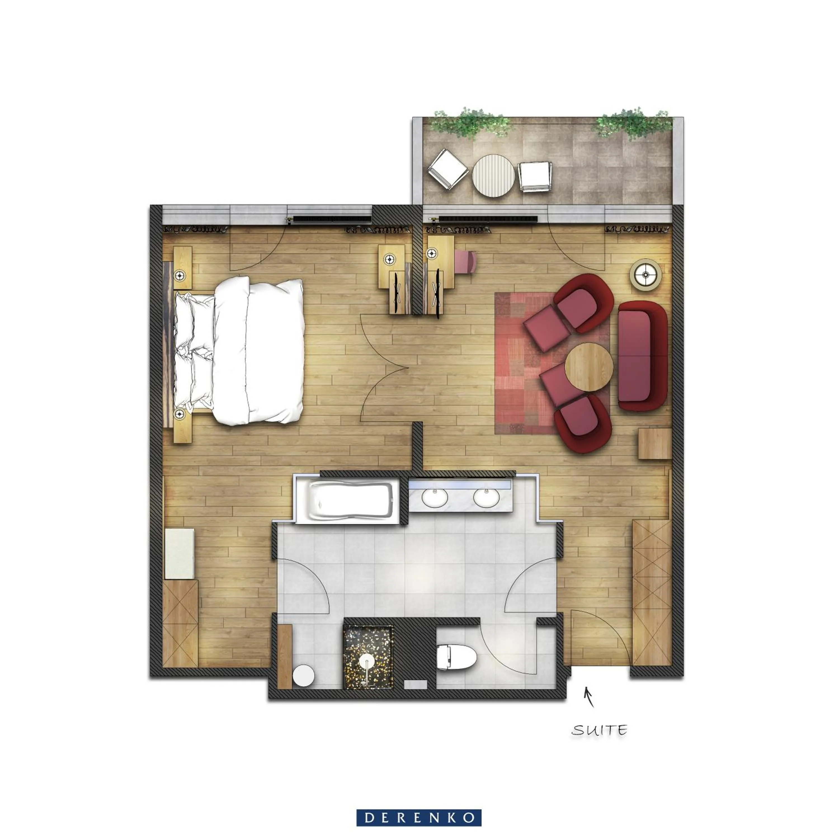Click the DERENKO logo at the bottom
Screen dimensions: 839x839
click(419, 818)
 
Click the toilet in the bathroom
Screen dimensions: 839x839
click(456, 657)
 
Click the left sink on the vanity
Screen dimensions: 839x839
click(435, 498)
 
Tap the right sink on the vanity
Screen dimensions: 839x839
click(486, 498)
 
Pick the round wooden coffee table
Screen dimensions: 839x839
click(589, 367)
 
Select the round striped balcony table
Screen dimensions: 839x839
click(493, 175)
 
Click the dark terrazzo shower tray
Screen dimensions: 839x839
click(368, 657)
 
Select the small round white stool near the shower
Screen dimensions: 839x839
click(303, 675)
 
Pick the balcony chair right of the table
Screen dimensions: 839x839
click(535, 176)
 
